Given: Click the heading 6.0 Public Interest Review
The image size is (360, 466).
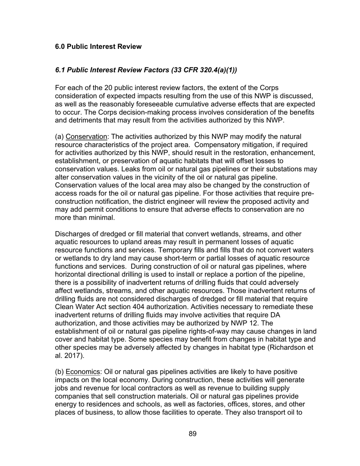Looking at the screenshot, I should coord(98,47).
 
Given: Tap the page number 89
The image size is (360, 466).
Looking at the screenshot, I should coord(193,434).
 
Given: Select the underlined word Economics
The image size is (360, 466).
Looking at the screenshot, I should coord(83,372).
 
